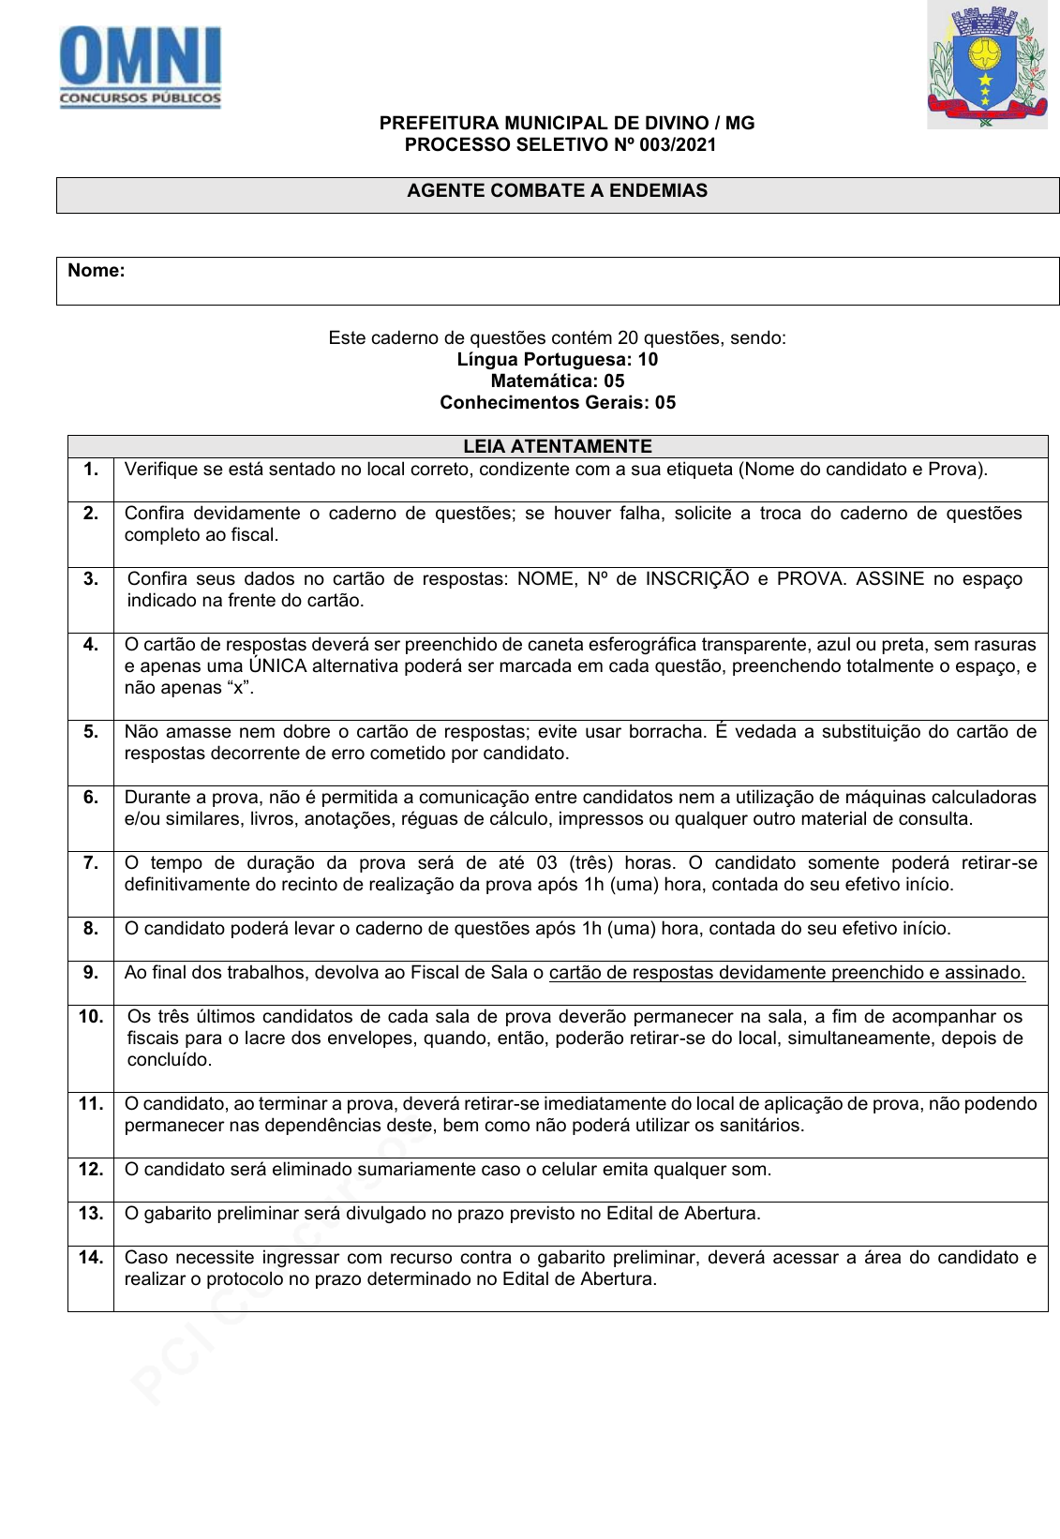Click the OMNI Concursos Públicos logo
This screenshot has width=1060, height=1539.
tap(141, 67)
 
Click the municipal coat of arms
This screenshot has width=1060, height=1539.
tap(986, 66)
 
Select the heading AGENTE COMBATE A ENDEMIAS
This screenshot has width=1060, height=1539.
tap(557, 191)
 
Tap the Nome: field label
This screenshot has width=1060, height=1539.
tap(96, 271)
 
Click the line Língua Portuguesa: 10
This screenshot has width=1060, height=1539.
tap(557, 360)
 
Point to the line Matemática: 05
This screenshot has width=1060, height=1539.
tap(557, 381)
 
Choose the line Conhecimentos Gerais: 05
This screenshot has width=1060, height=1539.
tap(557, 403)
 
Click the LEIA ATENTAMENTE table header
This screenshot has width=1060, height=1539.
tap(557, 446)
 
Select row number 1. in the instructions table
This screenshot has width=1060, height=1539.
tap(91, 470)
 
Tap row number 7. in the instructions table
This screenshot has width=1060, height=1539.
tap(91, 863)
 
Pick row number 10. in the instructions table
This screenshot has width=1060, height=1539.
tap(91, 1017)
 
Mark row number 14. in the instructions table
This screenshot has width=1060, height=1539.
tap(91, 1258)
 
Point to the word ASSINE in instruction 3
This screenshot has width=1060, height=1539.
tap(890, 579)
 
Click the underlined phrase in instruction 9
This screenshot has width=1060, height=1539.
tap(786, 973)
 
